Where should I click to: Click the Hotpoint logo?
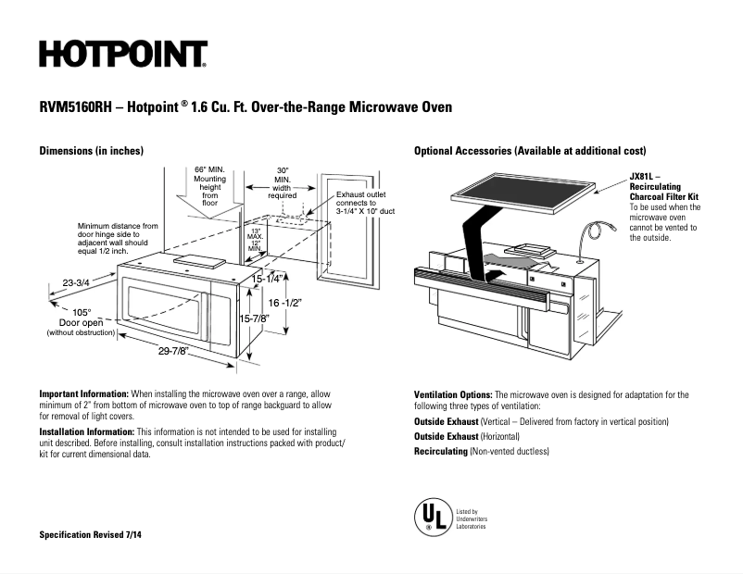tap(122, 55)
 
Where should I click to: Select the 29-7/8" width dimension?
tap(172, 351)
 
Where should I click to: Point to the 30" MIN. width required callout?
tap(283, 182)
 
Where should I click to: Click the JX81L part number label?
tap(645, 176)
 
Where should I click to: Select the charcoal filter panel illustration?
tap(521, 196)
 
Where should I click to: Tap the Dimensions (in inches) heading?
tap(91, 151)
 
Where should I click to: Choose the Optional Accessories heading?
tap(530, 151)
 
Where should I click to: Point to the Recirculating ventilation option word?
tap(440, 451)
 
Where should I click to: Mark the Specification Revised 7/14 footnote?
tap(91, 536)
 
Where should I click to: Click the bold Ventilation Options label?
tap(453, 394)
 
